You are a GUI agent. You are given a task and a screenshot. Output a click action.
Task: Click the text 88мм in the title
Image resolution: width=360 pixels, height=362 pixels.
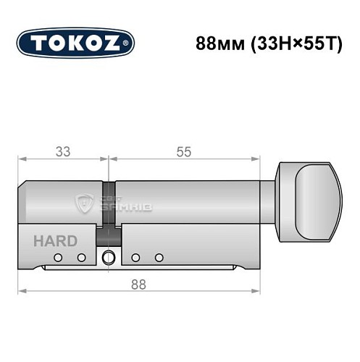click(x=217, y=42)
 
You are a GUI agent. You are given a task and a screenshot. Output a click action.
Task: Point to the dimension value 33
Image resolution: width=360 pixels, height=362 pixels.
click(x=63, y=151)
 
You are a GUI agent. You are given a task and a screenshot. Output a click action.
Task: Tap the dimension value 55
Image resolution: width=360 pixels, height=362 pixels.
click(x=184, y=151)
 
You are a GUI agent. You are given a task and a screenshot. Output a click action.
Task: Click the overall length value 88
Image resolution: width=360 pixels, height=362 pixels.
click(x=138, y=285)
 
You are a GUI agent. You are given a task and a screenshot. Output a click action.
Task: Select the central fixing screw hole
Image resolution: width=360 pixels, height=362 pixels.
click(x=109, y=256)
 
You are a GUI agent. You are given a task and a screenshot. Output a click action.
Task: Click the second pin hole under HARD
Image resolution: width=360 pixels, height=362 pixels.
click(x=82, y=257)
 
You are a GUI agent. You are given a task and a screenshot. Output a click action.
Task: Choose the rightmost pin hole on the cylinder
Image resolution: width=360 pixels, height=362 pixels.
click(x=158, y=257)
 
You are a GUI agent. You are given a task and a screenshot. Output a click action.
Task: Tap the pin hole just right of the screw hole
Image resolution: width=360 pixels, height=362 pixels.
click(x=135, y=257)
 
